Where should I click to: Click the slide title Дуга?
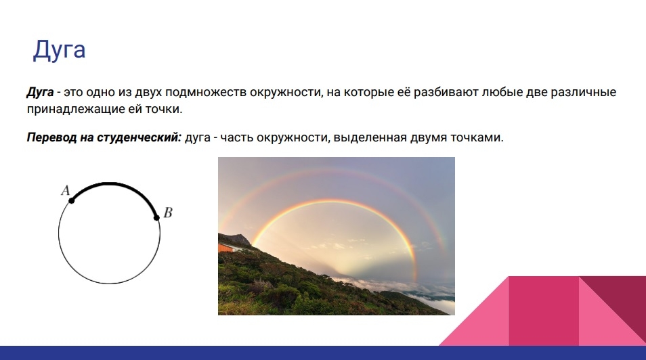coord(60,50)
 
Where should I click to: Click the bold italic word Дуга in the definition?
coord(41,92)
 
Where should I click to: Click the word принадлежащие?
coord(76,109)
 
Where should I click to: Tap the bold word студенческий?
coord(139,137)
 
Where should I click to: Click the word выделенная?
coord(370,137)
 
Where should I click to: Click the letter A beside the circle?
coord(66,190)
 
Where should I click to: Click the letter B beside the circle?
coord(168,212)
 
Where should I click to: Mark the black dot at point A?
coord(71,200)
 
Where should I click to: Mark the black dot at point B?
coord(156,217)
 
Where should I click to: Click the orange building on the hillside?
coord(227,248)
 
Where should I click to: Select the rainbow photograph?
coord(337,236)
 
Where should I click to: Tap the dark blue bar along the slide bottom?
coord(323,353)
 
